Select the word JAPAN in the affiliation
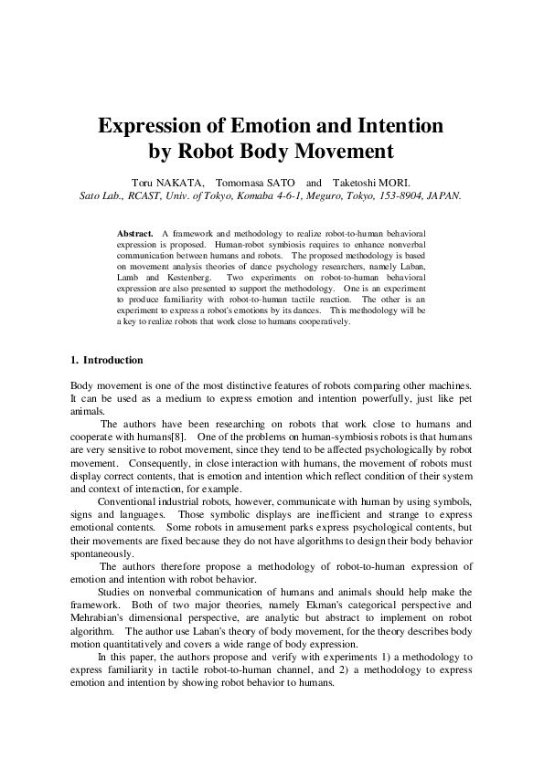(x=443, y=195)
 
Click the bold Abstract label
(x=135, y=235)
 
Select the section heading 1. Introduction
(x=107, y=361)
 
